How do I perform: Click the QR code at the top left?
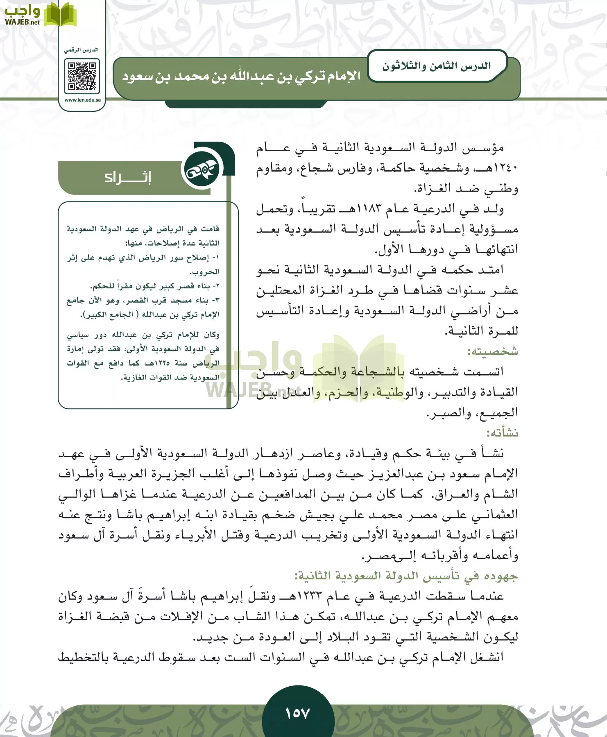point(82,76)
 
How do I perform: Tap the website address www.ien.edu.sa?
point(82,100)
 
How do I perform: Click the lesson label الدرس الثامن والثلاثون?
point(436,66)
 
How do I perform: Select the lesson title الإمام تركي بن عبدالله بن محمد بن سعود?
point(242,77)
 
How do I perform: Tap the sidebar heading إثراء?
point(127,177)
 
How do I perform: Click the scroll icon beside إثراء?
point(202,170)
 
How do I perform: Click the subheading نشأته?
point(502,433)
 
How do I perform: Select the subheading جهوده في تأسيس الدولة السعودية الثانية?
point(405,576)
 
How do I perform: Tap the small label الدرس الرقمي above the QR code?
point(81,50)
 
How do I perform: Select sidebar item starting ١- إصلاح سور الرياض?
point(143,258)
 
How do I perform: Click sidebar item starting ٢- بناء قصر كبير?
point(155,286)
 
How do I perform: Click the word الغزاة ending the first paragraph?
point(430,189)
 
